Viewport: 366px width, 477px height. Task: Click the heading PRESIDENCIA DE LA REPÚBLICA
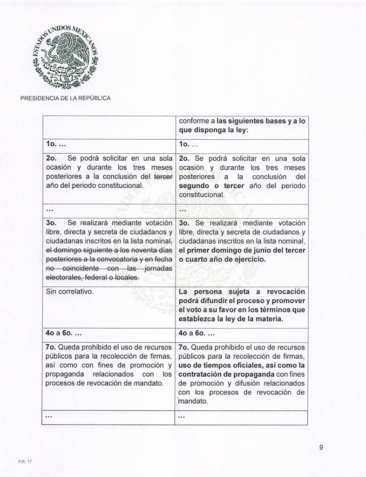point(65,98)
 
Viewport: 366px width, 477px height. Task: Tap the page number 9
point(321,448)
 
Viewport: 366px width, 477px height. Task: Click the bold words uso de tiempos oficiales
point(222,365)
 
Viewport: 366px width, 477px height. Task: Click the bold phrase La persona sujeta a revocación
point(242,292)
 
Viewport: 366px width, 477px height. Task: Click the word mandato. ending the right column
point(193,401)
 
